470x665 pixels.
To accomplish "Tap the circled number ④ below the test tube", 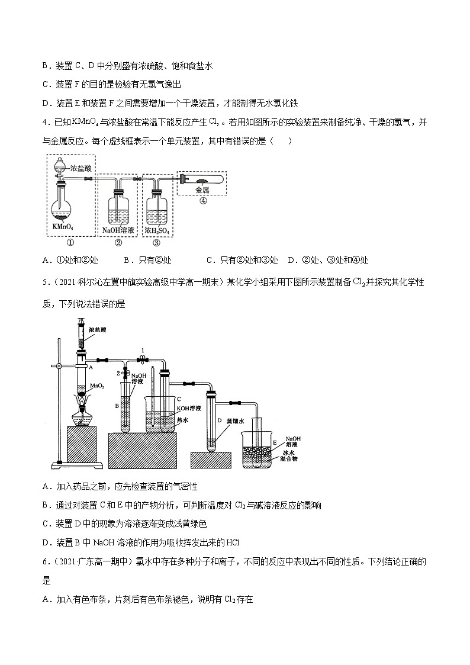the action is coord(204,201).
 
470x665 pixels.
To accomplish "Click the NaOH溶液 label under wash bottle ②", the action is coord(118,230).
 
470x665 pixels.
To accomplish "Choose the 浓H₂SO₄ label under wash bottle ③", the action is coord(157,231).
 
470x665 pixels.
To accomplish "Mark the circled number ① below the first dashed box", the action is coord(70,243).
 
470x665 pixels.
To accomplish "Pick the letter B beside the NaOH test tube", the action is coord(117,406).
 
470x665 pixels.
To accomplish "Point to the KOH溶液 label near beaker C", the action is coord(189,408).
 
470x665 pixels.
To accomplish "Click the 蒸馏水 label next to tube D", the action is coord(235,421).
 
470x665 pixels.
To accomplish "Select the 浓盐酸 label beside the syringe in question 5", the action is coord(98,329).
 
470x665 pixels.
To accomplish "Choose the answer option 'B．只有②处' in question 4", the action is coord(148,260).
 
